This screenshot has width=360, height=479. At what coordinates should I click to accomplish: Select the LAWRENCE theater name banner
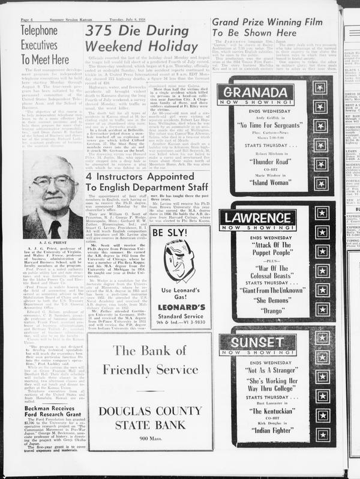coord(258,218)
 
